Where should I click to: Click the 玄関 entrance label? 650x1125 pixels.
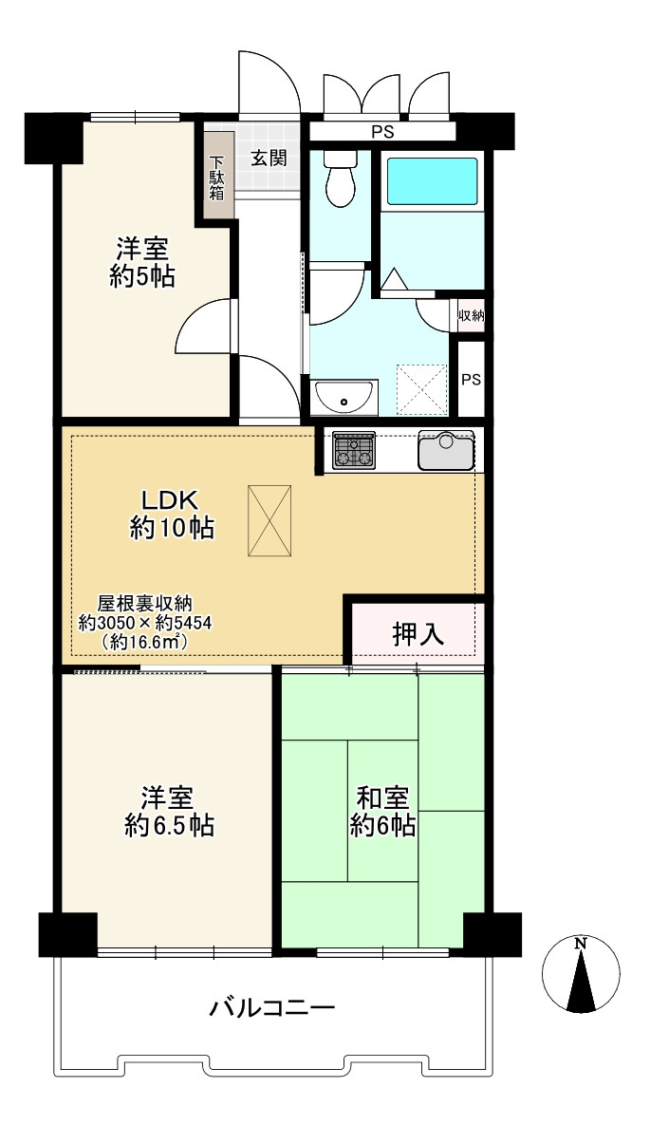click(269, 159)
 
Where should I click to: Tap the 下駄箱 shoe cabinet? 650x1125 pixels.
click(217, 177)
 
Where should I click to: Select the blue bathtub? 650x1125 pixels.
click(433, 180)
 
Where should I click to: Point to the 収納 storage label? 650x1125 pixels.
click(471, 315)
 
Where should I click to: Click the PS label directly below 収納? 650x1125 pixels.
click(471, 379)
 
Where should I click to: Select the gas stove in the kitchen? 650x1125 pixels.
click(353, 450)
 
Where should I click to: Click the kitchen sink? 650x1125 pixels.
click(446, 450)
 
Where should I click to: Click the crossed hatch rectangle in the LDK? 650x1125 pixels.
click(270, 520)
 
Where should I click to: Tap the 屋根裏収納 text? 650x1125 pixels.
click(145, 603)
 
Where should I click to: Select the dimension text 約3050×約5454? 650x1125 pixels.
click(145, 623)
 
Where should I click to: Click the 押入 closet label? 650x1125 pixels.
click(418, 633)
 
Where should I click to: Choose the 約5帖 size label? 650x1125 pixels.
click(142, 276)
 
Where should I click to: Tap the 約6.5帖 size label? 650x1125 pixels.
click(169, 825)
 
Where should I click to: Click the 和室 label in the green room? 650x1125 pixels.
click(382, 796)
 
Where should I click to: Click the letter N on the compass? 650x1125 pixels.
click(582, 944)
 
